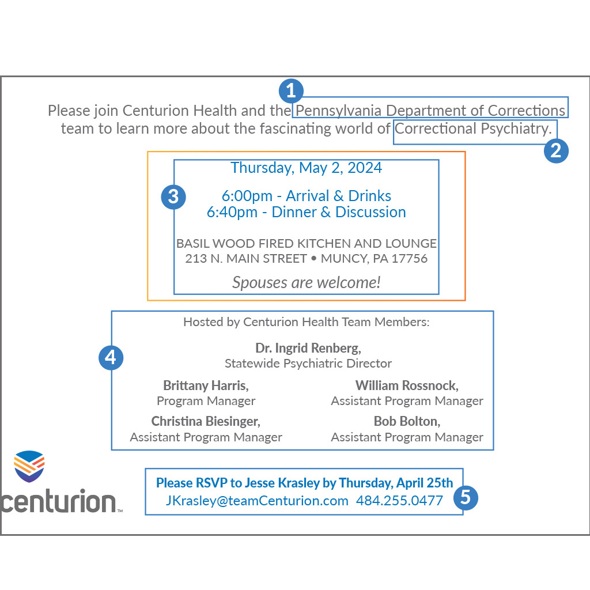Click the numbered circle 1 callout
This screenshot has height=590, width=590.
click(291, 90)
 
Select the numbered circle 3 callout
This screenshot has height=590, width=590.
click(173, 197)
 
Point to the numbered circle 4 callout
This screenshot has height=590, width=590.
click(111, 358)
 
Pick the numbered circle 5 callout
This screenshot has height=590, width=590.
click(466, 497)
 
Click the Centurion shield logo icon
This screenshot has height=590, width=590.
click(29, 466)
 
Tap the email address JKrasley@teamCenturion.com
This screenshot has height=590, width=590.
click(257, 501)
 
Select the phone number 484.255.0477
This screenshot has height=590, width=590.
click(399, 501)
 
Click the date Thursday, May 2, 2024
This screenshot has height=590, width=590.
click(306, 168)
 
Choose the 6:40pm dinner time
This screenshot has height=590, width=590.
click(232, 212)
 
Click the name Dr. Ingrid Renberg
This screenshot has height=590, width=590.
click(308, 348)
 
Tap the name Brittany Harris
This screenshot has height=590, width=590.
click(206, 385)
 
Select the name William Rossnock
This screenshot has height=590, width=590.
click(407, 385)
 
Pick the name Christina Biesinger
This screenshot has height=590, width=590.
click(206, 421)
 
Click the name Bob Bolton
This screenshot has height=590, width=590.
click(407, 421)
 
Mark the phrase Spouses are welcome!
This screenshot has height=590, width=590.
click(306, 282)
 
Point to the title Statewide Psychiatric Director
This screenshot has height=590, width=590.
click(308, 364)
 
